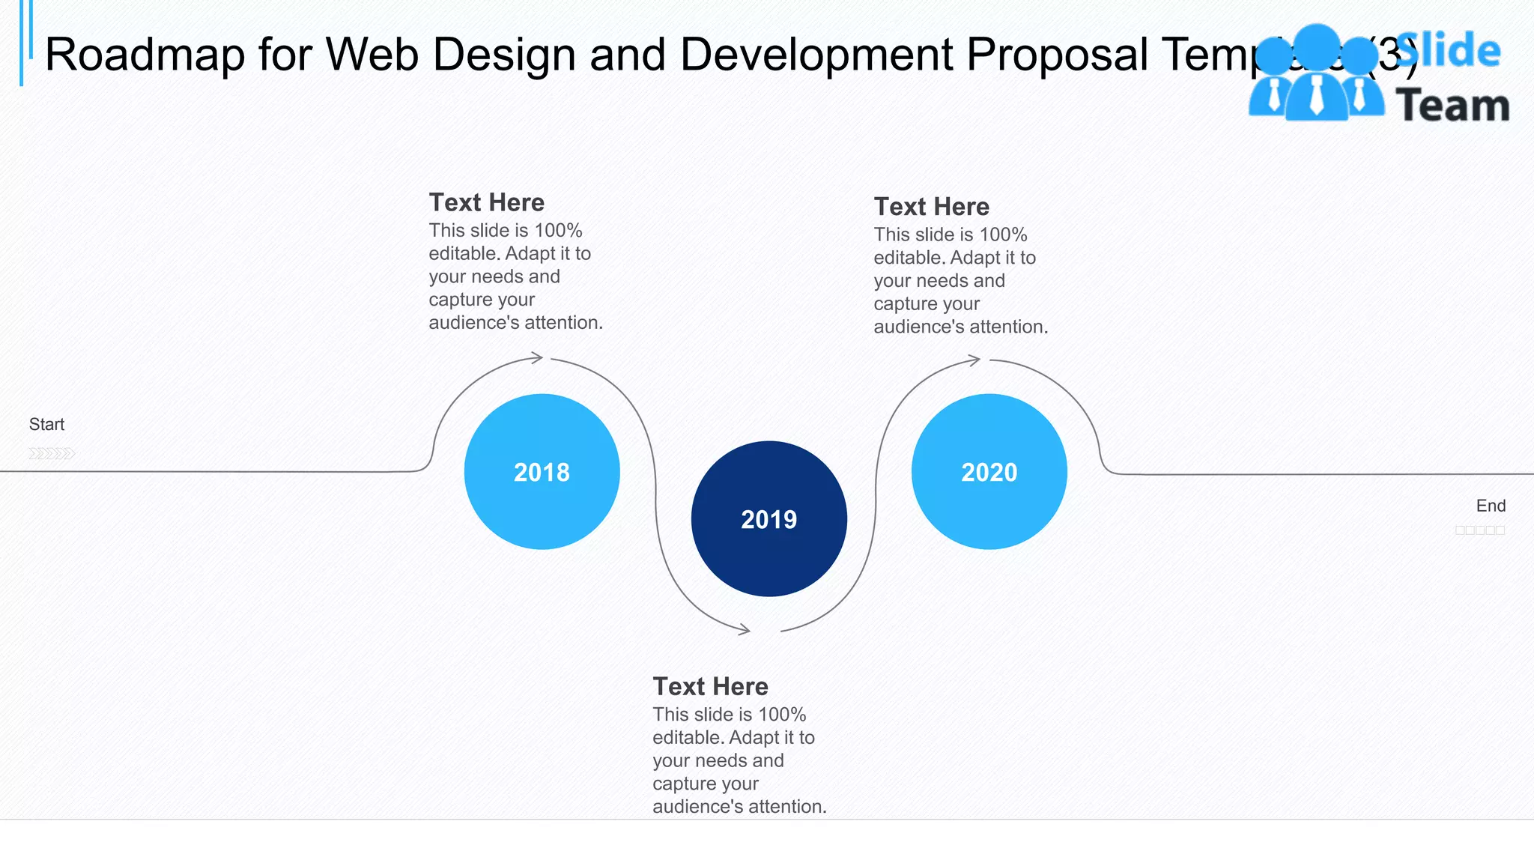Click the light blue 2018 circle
pos(542,471)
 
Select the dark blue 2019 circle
pos(768,518)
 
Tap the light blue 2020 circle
pos(989,471)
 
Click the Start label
pos(46,424)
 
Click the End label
pos(1490,506)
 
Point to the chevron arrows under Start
pos(52,453)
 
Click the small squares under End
pos(1479,530)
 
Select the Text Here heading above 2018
pos(486,202)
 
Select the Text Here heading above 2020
pos(931,206)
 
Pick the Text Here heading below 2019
pos(710,686)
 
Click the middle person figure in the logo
pos(1316,75)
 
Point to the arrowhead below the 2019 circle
pos(744,629)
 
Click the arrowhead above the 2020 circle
pos(974,360)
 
